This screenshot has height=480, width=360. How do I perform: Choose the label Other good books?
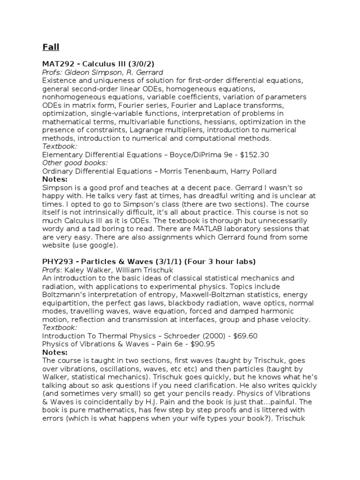75,162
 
